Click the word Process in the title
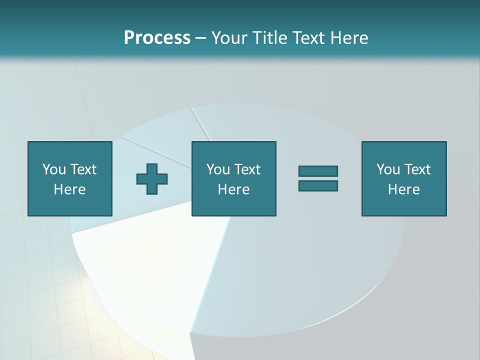pyautogui.click(x=157, y=38)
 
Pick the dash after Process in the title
pyautogui.click(x=201, y=38)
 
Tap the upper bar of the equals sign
pyautogui.click(x=318, y=171)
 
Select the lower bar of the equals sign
pyautogui.click(x=318, y=186)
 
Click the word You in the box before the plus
pyautogui.click(x=54, y=169)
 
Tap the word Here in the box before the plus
pyautogui.click(x=69, y=189)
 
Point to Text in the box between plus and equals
pyautogui.click(x=247, y=169)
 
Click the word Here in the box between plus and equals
pyautogui.click(x=233, y=189)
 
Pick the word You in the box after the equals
pyautogui.click(x=388, y=169)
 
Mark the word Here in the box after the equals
pyautogui.click(x=403, y=189)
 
